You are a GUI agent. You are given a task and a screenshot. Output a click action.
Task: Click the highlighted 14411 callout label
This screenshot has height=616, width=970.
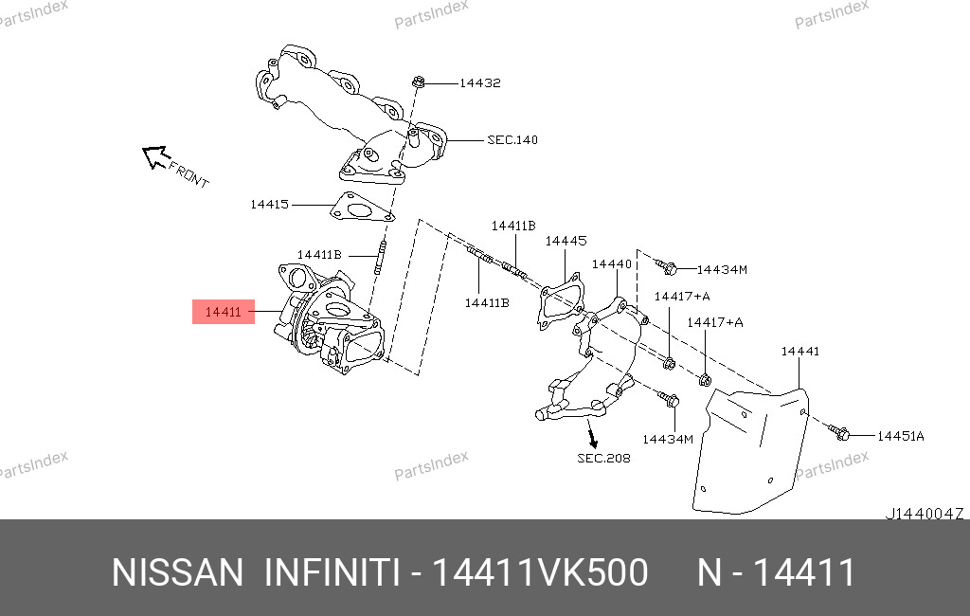(223, 312)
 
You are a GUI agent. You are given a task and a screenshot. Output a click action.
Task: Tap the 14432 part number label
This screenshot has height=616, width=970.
(480, 83)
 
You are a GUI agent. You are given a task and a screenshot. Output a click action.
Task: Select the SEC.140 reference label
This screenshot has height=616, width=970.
(512, 140)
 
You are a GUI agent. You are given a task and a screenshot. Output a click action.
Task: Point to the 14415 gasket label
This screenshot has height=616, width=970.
(269, 205)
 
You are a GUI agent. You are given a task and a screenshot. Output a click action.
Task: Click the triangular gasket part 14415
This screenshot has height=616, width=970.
(361, 208)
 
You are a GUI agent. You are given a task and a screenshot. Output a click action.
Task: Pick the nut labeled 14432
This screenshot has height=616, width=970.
(418, 82)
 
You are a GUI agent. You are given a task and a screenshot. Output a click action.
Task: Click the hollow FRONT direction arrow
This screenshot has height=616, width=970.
(154, 156)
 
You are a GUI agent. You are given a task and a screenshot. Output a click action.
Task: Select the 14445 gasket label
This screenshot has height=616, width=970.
(566, 241)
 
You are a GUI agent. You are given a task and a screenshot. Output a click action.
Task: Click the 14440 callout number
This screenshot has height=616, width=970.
(612, 264)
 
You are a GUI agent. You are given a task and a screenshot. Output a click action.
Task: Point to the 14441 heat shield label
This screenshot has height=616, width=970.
(799, 352)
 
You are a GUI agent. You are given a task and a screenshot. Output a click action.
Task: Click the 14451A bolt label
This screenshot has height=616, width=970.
(900, 437)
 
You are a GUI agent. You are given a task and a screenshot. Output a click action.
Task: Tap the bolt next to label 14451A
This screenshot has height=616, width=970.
(838, 431)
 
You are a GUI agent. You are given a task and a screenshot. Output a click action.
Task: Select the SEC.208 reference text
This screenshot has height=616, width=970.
(603, 459)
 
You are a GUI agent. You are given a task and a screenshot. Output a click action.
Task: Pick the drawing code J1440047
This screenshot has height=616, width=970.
(925, 514)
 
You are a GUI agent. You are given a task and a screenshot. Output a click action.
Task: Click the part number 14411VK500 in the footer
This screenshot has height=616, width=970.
(540, 572)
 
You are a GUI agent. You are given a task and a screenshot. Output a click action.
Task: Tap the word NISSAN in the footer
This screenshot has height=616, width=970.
(177, 572)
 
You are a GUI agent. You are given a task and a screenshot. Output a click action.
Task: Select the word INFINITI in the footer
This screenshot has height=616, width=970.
(332, 572)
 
